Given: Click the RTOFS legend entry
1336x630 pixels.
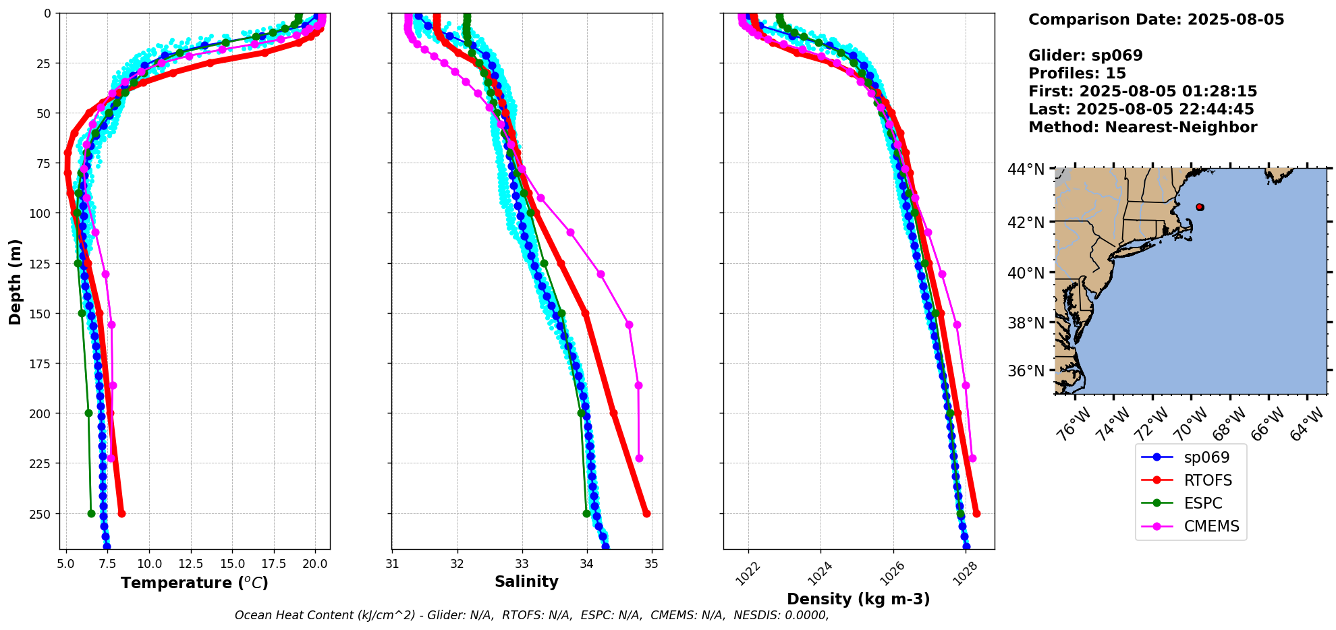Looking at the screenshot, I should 1207,480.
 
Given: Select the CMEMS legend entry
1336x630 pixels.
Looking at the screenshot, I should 1211,526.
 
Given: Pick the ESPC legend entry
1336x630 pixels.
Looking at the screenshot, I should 1203,503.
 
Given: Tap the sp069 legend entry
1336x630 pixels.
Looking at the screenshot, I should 1206,457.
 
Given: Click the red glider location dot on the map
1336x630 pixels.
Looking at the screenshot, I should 1200,207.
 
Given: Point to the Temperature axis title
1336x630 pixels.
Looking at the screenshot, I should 194,583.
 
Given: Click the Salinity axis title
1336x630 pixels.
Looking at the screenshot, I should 526,581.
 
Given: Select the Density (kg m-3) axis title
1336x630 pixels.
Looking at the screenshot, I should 858,599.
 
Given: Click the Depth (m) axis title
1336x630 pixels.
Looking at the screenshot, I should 15,281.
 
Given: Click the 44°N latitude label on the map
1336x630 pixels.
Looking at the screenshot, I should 1026,169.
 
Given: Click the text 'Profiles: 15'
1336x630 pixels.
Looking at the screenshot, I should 1077,74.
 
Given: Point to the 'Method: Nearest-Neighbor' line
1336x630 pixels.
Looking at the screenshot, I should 1142,127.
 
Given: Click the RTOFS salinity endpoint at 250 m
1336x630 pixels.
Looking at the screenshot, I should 646,513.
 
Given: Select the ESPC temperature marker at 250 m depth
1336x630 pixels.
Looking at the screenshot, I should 91,513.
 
